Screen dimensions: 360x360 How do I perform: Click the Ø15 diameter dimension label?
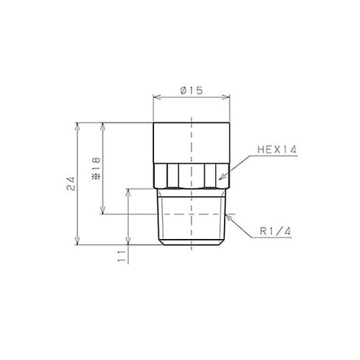[192, 91]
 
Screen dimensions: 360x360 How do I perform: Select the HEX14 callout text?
[277, 150]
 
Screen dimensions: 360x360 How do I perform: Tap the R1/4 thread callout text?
[276, 231]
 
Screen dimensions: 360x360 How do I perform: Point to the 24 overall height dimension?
[71, 184]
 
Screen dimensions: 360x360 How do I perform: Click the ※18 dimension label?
[96, 168]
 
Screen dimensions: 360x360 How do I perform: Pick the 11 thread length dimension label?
[122, 256]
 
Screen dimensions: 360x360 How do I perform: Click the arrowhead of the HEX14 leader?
[222, 177]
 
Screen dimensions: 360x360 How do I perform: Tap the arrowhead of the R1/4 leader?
[228, 216]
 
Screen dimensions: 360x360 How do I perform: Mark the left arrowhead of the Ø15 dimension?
[156, 97]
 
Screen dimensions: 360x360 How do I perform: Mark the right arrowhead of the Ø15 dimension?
[226, 97]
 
